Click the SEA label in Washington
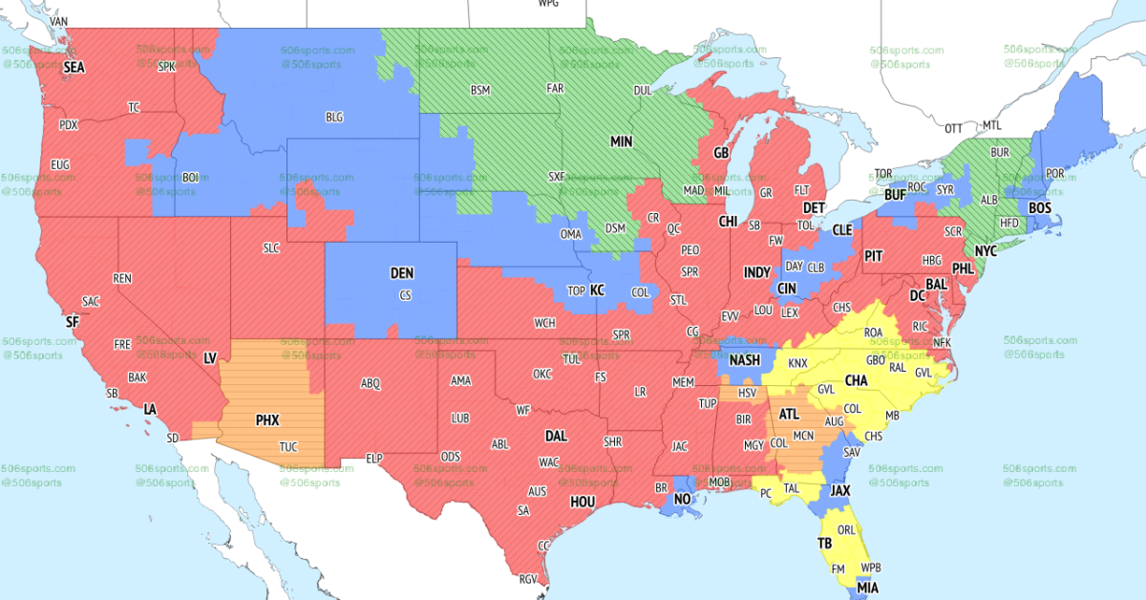(x=74, y=69)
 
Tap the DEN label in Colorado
(x=402, y=273)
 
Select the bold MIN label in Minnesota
(x=622, y=141)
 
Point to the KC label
(x=597, y=289)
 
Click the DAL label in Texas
(x=556, y=436)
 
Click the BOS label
(x=1040, y=207)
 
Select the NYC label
(x=987, y=250)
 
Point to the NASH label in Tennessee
(x=745, y=361)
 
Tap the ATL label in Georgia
(x=789, y=415)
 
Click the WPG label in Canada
(x=548, y=4)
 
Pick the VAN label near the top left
(x=58, y=21)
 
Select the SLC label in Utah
(x=271, y=248)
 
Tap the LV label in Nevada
(x=212, y=357)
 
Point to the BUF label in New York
(x=895, y=194)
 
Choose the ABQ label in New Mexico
(x=371, y=384)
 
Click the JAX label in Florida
(x=839, y=491)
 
